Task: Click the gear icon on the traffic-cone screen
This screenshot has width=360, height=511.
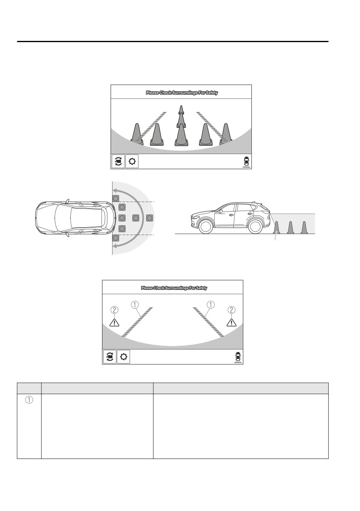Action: pos(132,162)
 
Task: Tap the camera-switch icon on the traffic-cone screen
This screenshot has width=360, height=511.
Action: pos(118,162)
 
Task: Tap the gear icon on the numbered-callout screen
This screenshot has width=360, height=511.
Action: pos(123,357)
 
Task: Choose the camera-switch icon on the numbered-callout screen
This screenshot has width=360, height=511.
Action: pos(109,357)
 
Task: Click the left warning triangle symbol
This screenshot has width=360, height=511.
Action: pos(114,323)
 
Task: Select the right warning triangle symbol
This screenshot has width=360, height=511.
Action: pos(232,322)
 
